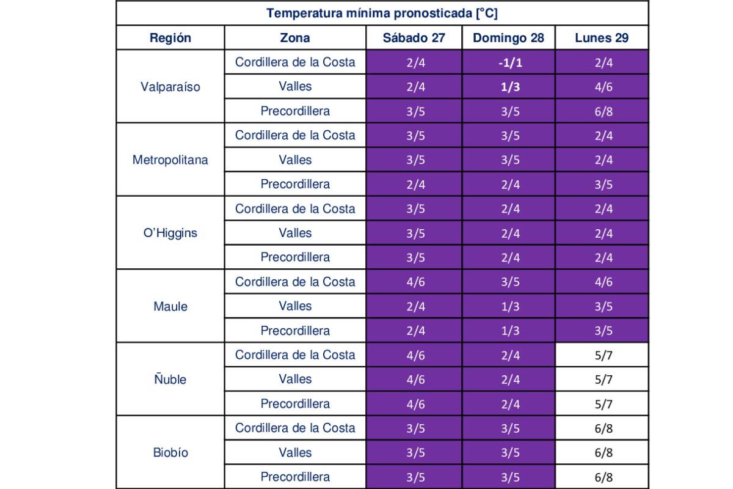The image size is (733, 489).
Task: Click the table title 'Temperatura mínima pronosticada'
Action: pos(382,13)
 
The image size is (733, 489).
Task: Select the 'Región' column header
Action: pos(170,38)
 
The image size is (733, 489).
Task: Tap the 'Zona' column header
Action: pos(295,38)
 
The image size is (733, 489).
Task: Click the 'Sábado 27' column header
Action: pos(414,38)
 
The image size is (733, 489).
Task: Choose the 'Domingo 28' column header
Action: pos(508,38)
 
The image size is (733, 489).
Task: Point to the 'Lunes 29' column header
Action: pos(602,38)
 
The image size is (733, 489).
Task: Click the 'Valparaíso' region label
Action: pos(170,87)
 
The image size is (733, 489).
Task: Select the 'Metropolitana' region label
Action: pos(170,160)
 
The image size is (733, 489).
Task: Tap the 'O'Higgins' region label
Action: pos(170,233)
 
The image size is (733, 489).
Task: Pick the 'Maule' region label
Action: pos(170,306)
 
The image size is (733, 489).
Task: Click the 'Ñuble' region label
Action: pos(170,380)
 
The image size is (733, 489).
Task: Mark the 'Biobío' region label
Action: pos(170,453)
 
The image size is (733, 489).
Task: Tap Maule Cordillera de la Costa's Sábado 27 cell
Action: pos(415,282)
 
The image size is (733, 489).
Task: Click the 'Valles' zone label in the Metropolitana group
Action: pos(295,160)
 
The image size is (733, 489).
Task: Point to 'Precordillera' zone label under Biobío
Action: pos(295,477)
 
